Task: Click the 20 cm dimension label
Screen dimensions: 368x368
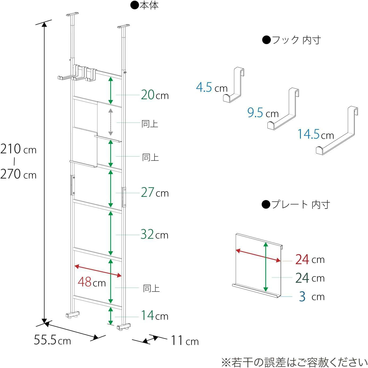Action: point(155,95)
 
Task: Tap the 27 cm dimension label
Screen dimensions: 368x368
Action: point(155,193)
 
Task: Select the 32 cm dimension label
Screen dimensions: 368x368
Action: point(155,234)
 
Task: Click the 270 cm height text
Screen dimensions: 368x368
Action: point(18,174)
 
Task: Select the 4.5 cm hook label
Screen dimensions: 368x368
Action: point(212,88)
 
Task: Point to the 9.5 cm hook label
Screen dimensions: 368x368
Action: point(263,113)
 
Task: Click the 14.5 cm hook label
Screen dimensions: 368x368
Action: point(316,134)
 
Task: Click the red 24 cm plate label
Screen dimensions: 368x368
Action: point(310,259)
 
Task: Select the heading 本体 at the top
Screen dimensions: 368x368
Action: point(144,6)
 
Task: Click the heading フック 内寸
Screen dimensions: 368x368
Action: point(291,40)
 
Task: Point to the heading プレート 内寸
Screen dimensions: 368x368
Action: point(296,205)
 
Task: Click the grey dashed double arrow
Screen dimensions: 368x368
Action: point(110,122)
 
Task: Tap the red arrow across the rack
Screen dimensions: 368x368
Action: point(98,271)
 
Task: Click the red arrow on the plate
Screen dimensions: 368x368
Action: point(258,256)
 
